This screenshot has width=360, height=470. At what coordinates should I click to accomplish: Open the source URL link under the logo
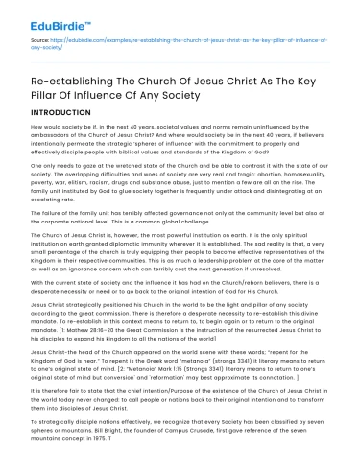[x=182, y=45]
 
